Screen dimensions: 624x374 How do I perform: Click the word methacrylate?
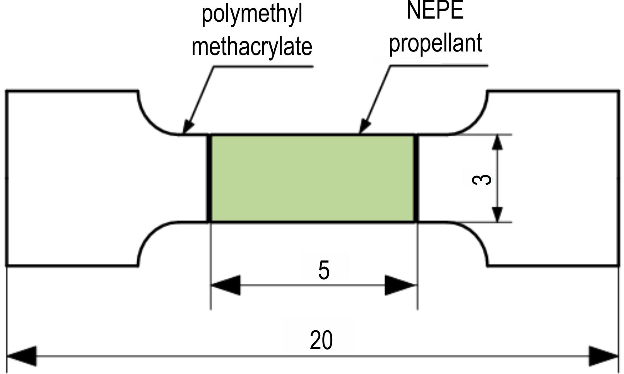(x=252, y=47)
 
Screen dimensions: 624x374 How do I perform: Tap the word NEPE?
(x=435, y=10)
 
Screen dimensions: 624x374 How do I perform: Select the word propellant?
(x=435, y=44)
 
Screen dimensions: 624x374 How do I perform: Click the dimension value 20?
(x=321, y=340)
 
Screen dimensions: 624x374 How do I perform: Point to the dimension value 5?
(x=324, y=270)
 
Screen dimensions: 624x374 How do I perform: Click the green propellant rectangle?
(x=312, y=178)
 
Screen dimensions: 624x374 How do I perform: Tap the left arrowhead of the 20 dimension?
(x=21, y=356)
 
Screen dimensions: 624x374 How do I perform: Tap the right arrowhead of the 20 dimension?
(x=603, y=356)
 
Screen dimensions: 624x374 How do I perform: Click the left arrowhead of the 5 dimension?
(x=226, y=285)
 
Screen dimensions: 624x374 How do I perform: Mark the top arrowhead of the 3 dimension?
(x=497, y=142)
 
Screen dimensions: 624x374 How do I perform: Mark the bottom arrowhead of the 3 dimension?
(x=497, y=214)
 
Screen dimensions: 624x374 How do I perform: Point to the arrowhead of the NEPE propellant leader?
(x=365, y=127)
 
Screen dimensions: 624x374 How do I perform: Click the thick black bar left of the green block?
(x=209, y=178)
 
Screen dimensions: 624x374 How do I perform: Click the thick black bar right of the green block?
(x=416, y=178)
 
